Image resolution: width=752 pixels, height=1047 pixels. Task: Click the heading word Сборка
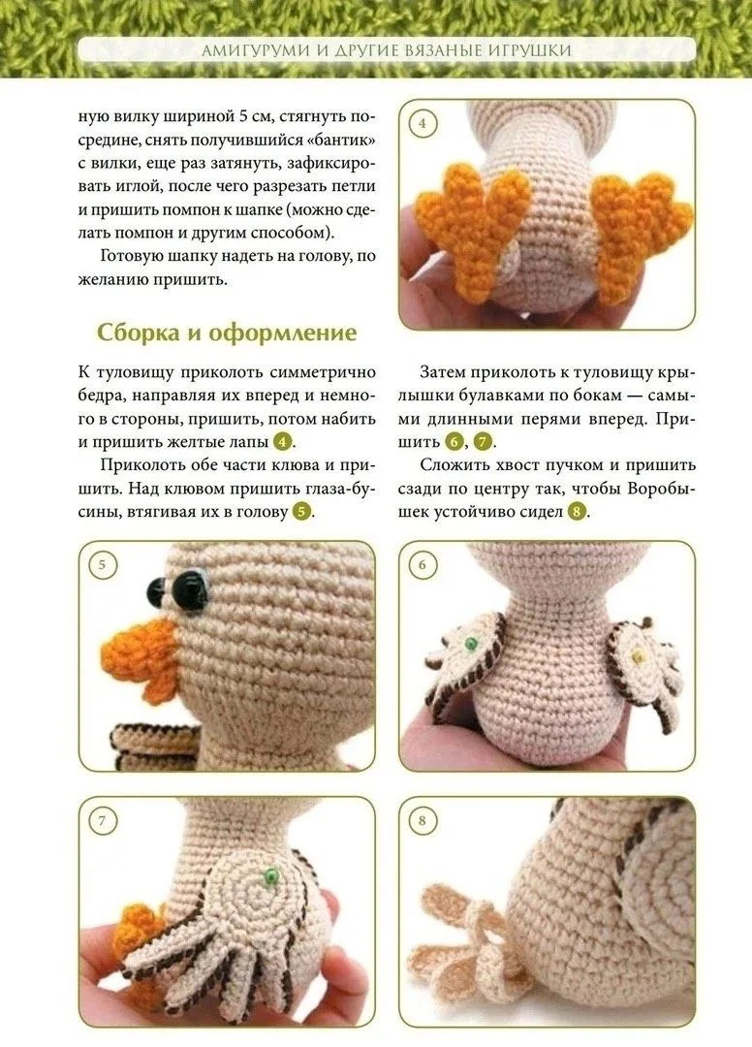139,333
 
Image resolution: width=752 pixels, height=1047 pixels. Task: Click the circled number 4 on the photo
422,123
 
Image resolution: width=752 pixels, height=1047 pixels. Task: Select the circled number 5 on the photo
102,565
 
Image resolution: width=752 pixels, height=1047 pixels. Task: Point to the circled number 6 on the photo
422,565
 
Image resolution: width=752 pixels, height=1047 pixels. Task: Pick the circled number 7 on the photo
102,821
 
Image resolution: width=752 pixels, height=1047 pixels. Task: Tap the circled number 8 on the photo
422,821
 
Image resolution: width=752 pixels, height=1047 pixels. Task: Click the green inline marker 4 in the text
284,442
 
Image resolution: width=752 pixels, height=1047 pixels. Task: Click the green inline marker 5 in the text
302,512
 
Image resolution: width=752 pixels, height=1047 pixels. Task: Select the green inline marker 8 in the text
578,512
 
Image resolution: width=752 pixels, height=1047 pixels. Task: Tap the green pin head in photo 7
270,874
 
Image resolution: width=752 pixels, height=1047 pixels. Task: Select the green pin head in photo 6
472,644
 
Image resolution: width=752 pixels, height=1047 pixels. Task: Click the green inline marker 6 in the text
454,442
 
